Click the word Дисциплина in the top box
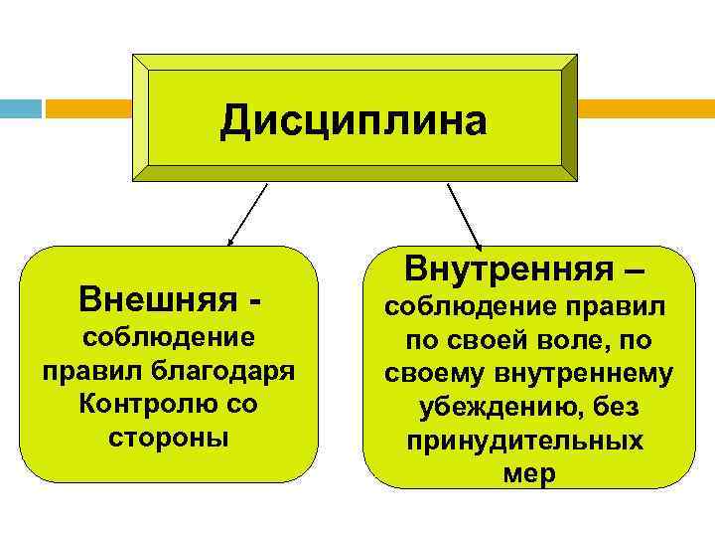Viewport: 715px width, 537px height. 355,120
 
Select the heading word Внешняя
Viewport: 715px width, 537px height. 158,297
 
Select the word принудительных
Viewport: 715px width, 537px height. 524,441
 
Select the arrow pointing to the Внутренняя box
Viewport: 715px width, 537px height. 464,215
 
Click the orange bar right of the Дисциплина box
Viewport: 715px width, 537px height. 645,107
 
